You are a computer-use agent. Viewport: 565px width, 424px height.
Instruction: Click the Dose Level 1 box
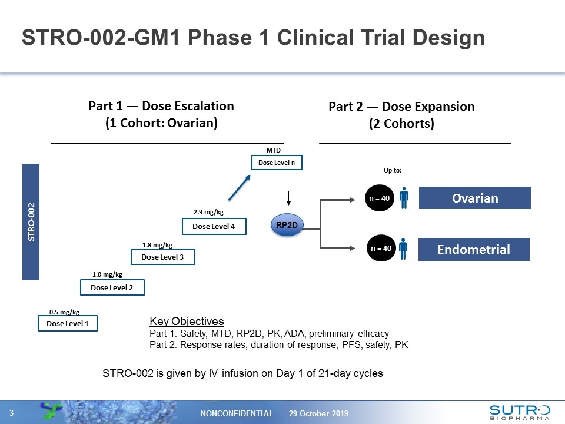[x=67, y=323]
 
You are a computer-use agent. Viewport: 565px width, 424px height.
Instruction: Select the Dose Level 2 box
[x=112, y=287]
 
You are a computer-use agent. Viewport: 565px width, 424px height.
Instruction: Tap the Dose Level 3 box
[x=162, y=257]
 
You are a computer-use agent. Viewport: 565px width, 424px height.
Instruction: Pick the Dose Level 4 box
[x=214, y=226]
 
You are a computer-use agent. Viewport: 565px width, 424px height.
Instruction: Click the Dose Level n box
[x=277, y=163]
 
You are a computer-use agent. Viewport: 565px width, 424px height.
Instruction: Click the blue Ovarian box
[x=474, y=198]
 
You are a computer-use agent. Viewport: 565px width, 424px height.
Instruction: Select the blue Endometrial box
[x=474, y=249]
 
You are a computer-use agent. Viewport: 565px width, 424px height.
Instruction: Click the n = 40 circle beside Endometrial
[x=380, y=249]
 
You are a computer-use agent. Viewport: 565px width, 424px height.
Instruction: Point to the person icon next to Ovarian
[x=404, y=198]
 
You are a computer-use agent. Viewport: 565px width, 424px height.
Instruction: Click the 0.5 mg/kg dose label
[x=64, y=312]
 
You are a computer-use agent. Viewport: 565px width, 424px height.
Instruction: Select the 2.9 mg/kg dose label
[x=208, y=212]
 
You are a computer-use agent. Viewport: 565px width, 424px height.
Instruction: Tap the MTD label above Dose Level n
[x=274, y=151]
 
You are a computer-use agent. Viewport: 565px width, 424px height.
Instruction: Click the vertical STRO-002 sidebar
[x=31, y=222]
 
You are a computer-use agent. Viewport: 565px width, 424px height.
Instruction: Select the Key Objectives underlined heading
[x=187, y=322]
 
